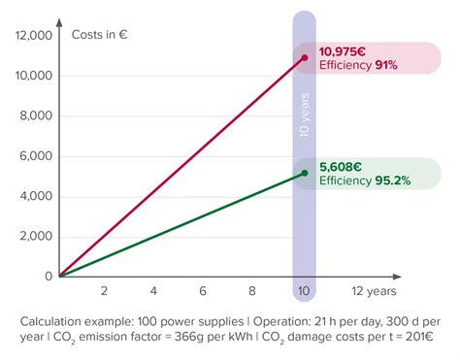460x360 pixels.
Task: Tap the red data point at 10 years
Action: [x=304, y=58]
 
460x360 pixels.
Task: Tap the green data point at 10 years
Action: [x=304, y=174]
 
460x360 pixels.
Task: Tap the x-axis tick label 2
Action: [x=104, y=291]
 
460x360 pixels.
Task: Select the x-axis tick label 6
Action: [x=204, y=291]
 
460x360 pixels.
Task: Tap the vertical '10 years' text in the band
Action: [x=304, y=116]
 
